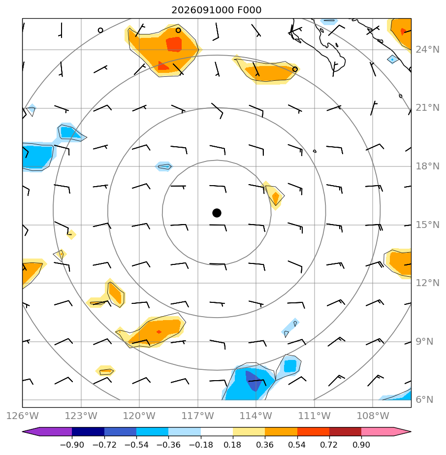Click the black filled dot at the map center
coord(217,213)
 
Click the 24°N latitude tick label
coord(427,50)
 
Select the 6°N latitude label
coord(424,399)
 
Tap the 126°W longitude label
coord(22,416)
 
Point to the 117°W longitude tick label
coord(197,416)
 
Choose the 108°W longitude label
coord(373,416)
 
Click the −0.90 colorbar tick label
coord(72,445)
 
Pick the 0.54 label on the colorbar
coord(297,445)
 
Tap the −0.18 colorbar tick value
coord(200,445)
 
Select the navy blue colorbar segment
coord(88,432)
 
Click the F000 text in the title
coord(249,10)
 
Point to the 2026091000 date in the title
coord(202,10)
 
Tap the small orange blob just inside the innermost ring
coord(275,197)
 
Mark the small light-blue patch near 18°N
coord(164,166)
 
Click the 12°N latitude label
coord(427,283)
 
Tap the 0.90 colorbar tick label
coord(361,445)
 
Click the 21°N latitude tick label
coord(427,108)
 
